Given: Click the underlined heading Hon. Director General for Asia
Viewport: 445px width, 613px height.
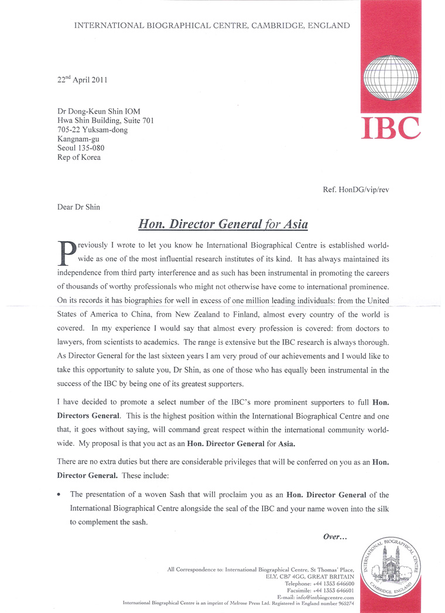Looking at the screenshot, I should coord(222,224).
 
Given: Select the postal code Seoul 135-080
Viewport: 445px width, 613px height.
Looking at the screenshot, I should coord(77,148).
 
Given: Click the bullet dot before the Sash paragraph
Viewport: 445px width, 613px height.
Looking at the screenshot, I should coord(59,495).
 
